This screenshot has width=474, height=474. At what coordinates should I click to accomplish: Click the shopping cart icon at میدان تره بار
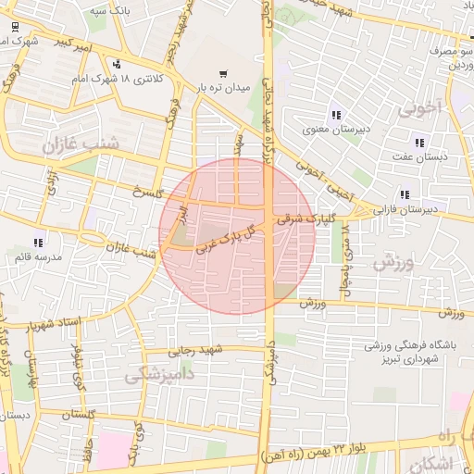(x=222, y=73)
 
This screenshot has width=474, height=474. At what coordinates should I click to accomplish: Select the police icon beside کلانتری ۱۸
(x=116, y=65)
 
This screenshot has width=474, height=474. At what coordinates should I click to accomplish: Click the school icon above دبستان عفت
(x=419, y=143)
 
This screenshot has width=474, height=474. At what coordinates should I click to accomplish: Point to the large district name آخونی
(x=422, y=109)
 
